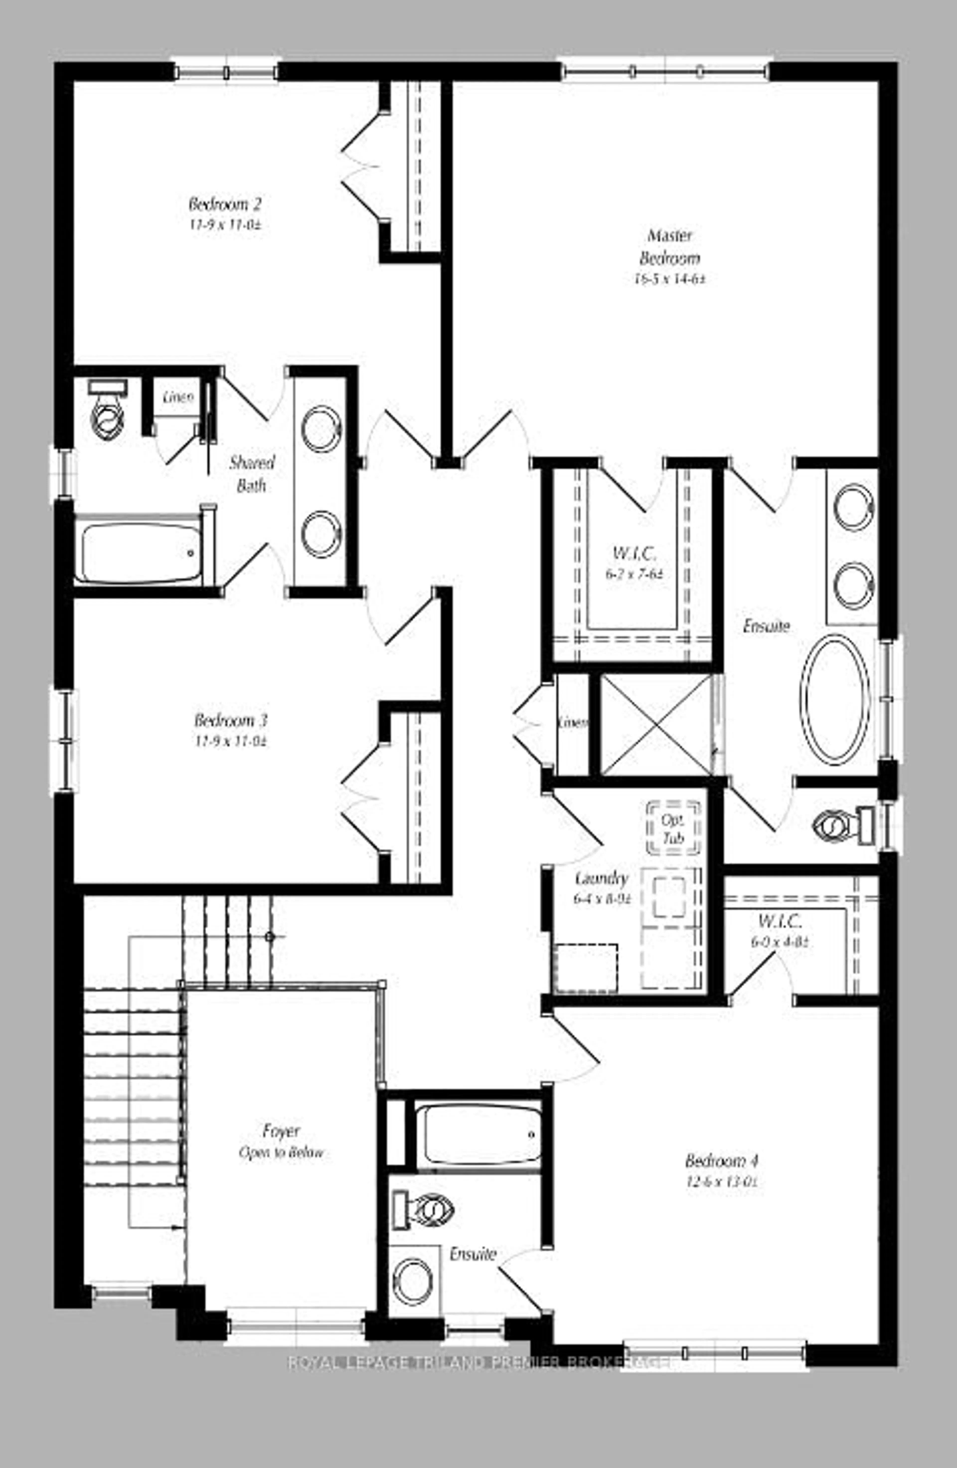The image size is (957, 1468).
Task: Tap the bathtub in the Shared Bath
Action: [139, 552]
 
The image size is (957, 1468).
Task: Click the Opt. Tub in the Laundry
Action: [673, 828]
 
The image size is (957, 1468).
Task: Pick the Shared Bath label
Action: [251, 474]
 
